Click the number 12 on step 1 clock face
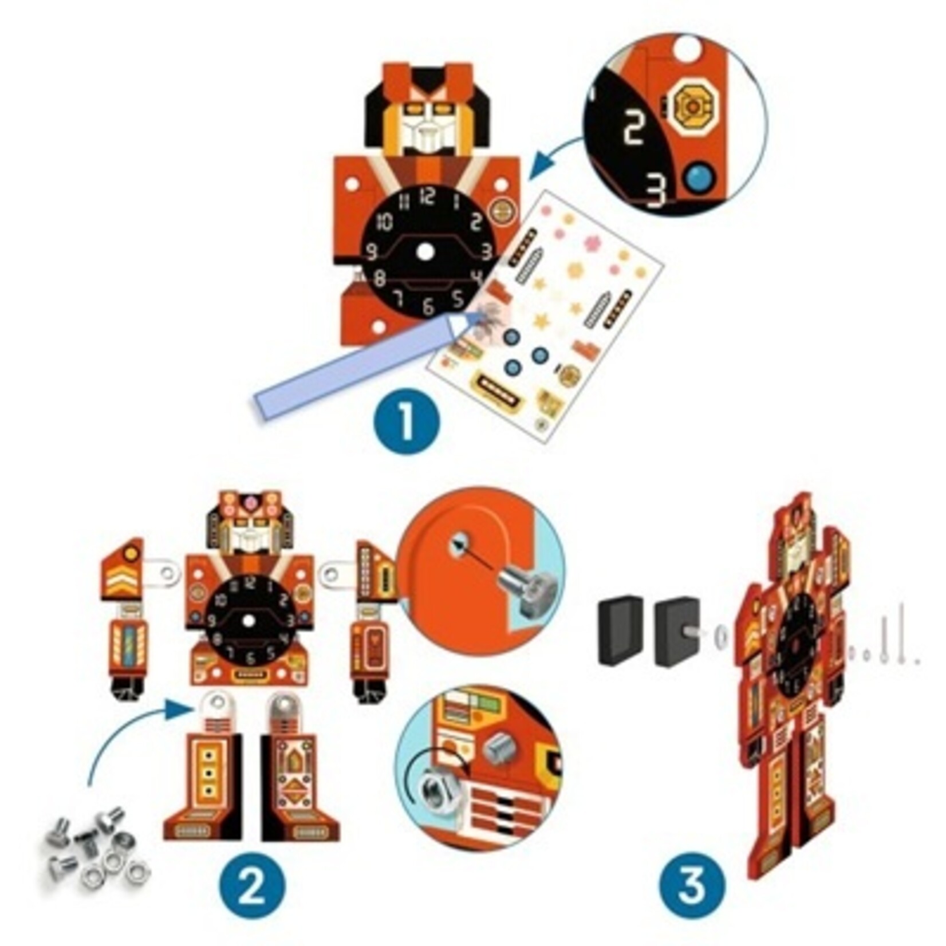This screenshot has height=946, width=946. point(427,198)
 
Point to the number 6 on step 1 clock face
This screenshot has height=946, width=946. point(428,306)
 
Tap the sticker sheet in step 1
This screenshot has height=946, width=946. point(550,321)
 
